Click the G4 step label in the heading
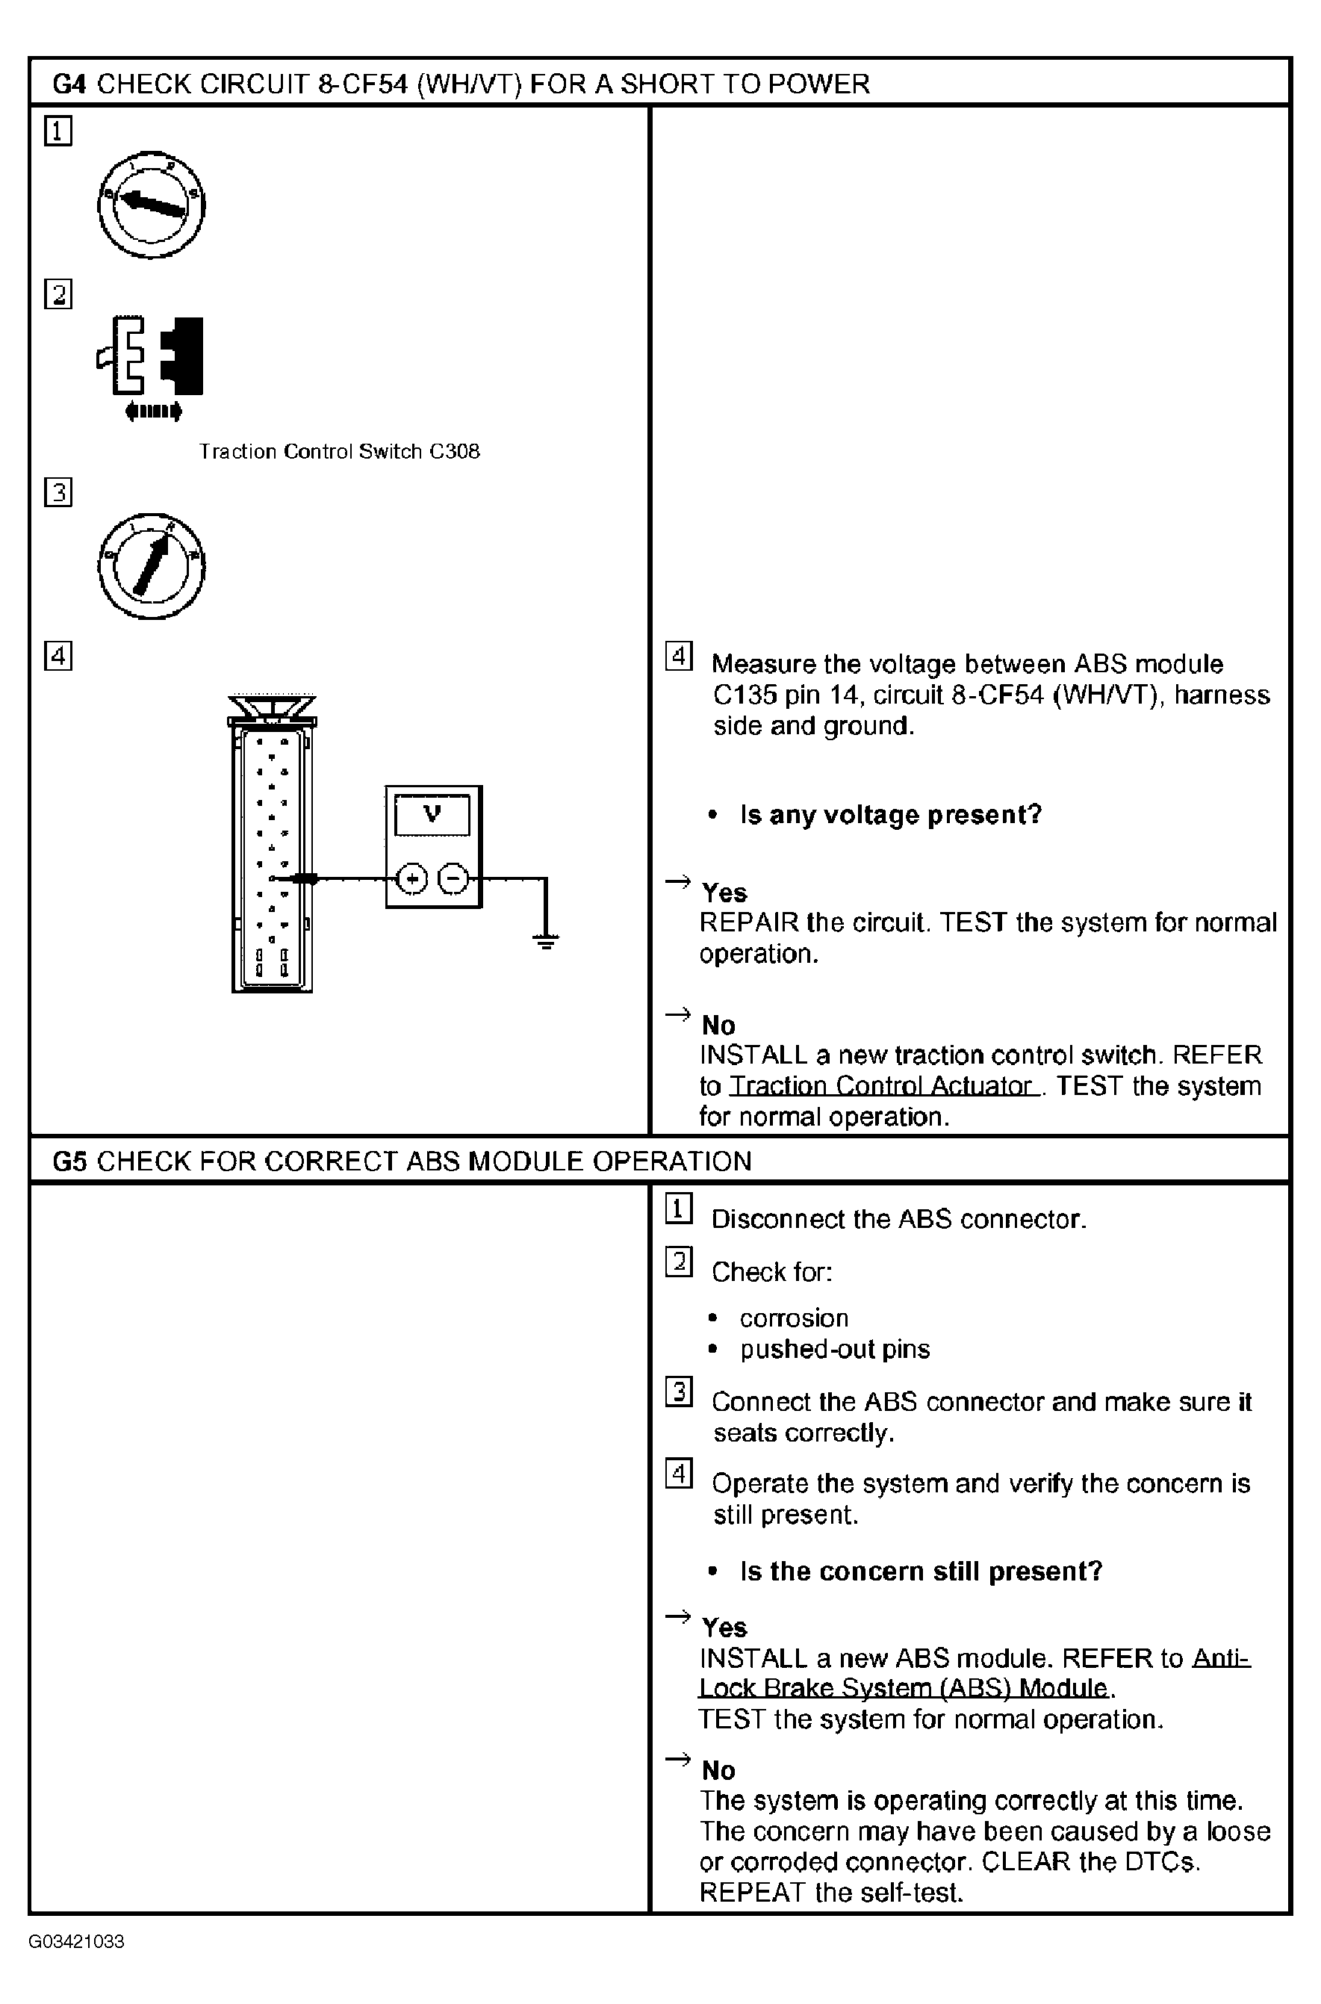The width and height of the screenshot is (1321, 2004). [69, 84]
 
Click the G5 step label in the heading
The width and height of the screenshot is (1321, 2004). [69, 1161]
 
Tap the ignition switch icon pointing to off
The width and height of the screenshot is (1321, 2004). [152, 205]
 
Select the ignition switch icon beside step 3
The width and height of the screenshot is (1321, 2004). [152, 565]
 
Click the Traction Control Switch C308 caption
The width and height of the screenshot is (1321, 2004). [339, 452]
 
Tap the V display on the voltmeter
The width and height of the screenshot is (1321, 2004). [432, 814]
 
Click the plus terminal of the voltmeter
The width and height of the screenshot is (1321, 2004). [412, 879]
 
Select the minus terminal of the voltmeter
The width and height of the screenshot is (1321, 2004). [453, 879]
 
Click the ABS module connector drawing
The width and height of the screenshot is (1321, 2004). [271, 851]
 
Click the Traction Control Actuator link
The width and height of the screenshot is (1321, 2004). [883, 1085]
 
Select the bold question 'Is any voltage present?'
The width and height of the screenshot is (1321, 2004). [890, 815]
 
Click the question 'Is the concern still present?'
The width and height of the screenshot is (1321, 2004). [921, 1571]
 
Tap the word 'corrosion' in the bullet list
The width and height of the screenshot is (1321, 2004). [794, 1318]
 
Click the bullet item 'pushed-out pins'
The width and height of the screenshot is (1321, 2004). [835, 1349]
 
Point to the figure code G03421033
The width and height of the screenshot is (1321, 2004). [76, 1942]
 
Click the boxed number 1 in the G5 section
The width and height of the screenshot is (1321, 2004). [679, 1209]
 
